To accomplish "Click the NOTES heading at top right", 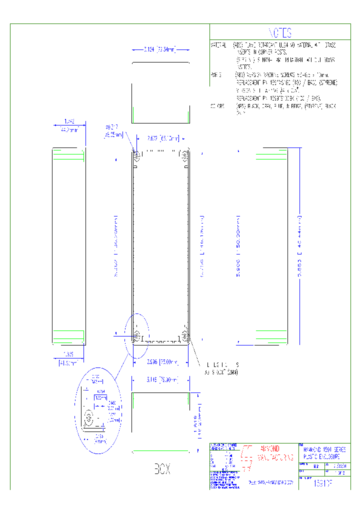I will pos(280,33).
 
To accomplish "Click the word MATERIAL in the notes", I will pos(218,45).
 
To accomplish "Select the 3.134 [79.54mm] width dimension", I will pos(160,49).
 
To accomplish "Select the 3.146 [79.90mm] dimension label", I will pos(160,380).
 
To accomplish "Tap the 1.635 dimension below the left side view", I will pos(68,354).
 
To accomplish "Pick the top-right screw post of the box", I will pos(184,155).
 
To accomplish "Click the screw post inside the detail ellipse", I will pos(90,419).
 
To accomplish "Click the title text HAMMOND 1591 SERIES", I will pos(324,450).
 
